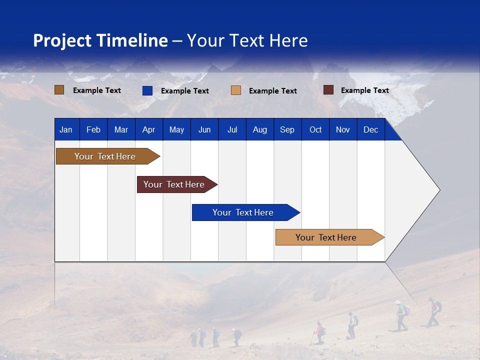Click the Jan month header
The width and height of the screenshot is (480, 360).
(66, 130)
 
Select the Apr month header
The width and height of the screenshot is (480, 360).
(149, 130)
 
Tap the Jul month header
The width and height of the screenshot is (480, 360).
(232, 130)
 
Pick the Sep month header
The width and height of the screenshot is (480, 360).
(287, 130)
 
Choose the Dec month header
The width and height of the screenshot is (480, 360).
(370, 130)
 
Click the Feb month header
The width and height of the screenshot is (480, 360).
(93, 130)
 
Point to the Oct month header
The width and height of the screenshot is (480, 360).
(315, 130)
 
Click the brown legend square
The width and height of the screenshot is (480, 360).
(59, 90)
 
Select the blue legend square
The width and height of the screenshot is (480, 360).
(147, 90)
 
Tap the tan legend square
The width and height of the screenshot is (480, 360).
(236, 90)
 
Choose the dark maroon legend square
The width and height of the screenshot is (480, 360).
(328, 90)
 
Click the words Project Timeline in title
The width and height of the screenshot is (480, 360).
(100, 40)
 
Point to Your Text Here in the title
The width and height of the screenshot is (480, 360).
(247, 40)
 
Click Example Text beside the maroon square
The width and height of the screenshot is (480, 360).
(364, 90)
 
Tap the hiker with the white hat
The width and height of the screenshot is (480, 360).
(400, 315)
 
